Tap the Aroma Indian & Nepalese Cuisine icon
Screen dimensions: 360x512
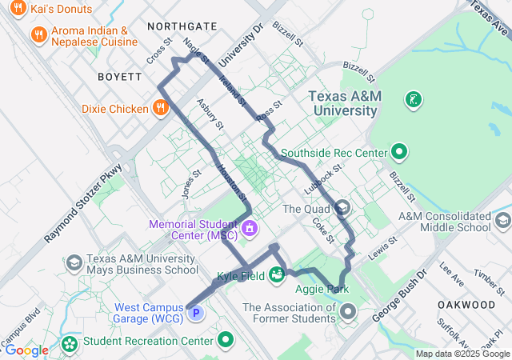tap(38, 34)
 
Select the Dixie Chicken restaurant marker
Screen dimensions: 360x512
tap(161, 108)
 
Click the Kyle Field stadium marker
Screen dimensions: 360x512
tap(277, 275)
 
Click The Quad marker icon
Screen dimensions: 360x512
tap(342, 209)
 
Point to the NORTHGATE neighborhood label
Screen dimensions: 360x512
tap(182, 26)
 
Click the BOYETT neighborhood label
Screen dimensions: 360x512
tap(119, 77)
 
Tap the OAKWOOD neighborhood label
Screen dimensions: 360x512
tap(466, 305)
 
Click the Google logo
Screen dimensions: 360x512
tap(26, 350)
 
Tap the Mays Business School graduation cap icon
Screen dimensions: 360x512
tap(74, 263)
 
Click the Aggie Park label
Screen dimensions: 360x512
tap(322, 289)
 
